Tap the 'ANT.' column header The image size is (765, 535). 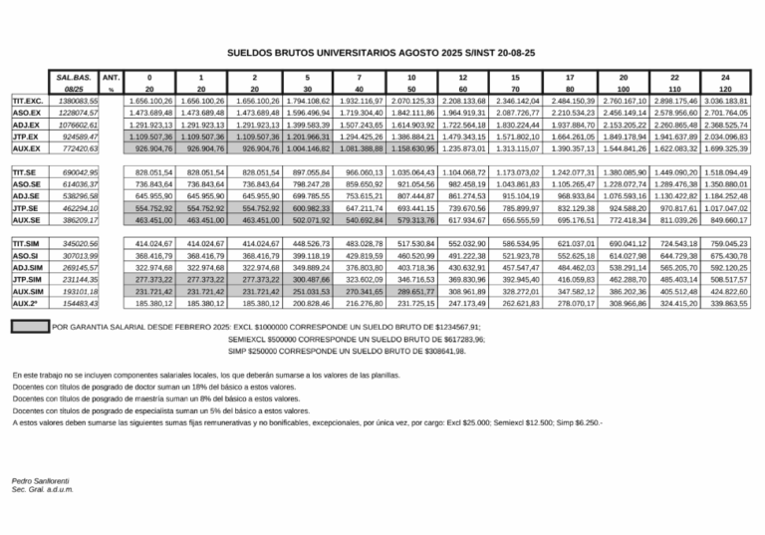[112, 76]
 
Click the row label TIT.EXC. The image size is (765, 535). [26, 102]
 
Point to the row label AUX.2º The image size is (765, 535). [25, 302]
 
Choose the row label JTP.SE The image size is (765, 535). [24, 208]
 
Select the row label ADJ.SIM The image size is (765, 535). [26, 268]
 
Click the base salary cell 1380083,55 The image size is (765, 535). [78, 102]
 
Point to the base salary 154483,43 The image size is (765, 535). [78, 302]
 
